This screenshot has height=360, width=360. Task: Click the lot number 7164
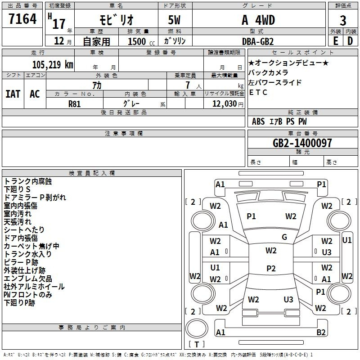click(22, 19)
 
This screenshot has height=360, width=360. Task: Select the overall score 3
click(343, 20)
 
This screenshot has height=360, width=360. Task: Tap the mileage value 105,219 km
click(53, 65)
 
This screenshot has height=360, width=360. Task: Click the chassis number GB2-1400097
click(302, 143)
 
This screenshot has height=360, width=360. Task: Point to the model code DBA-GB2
click(258, 41)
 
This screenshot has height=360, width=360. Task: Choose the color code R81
click(74, 104)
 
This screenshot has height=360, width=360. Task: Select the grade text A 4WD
click(258, 20)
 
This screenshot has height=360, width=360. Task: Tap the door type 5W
click(174, 20)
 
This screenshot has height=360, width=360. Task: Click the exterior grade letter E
click(336, 41)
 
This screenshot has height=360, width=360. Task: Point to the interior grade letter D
click(350, 41)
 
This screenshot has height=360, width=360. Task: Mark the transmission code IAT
click(13, 94)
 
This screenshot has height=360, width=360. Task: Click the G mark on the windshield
click(284, 237)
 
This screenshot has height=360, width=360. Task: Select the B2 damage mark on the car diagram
click(321, 332)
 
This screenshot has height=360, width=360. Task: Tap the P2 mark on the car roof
click(271, 268)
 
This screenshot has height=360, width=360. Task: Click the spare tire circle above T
click(197, 328)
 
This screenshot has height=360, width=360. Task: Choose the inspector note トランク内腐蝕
click(28, 181)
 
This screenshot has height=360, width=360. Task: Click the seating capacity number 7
click(188, 85)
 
